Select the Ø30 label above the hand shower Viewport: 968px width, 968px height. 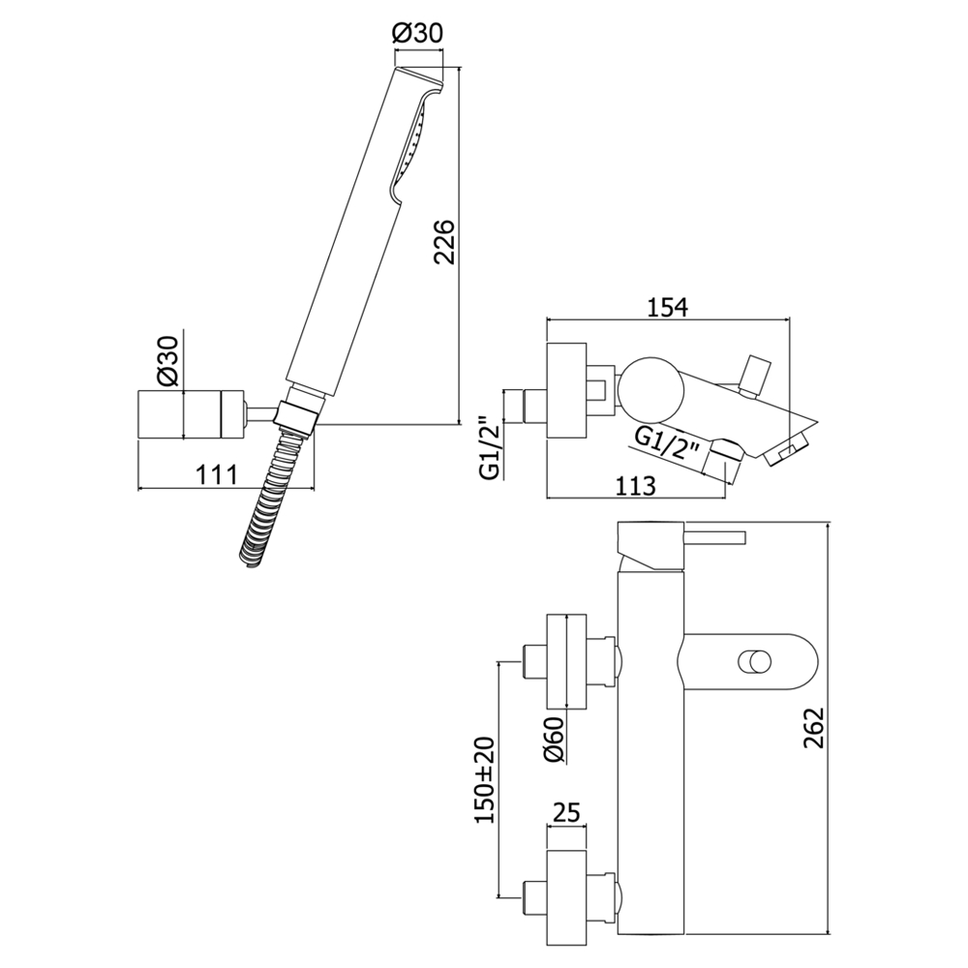[x=417, y=33]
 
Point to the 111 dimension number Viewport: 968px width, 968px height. [x=218, y=474]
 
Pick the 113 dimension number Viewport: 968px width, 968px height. [x=636, y=486]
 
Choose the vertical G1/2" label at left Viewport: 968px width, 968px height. [x=491, y=447]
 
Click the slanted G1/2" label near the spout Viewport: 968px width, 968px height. [x=669, y=445]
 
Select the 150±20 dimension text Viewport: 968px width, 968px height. [x=484, y=779]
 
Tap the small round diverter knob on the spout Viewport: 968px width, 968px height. [x=753, y=663]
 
